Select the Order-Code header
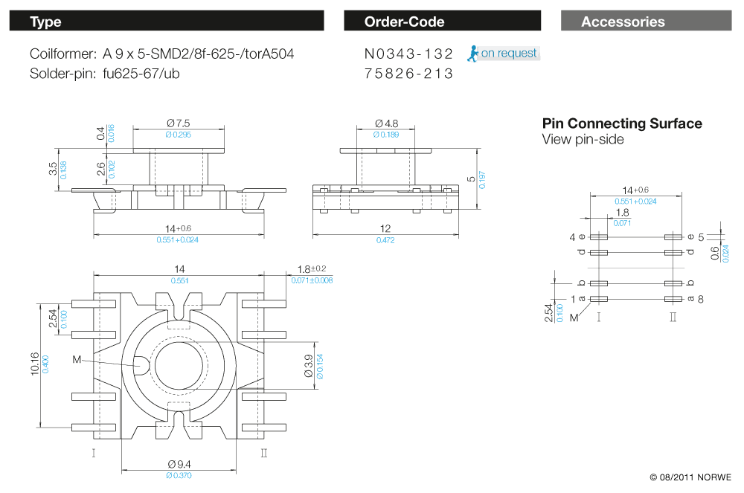click(x=442, y=22)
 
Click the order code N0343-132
click(x=408, y=54)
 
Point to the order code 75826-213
click(x=408, y=74)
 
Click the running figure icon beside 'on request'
click(x=472, y=53)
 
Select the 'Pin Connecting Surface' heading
click(x=622, y=123)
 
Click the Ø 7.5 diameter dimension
click(x=179, y=123)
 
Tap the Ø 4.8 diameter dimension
click(x=386, y=123)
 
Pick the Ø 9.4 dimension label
click(x=179, y=465)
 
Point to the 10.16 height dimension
click(x=34, y=364)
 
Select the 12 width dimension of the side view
click(x=386, y=228)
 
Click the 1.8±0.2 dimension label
click(x=312, y=269)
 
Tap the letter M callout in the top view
click(x=77, y=360)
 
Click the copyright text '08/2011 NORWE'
click(x=690, y=477)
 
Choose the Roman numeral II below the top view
click(x=264, y=452)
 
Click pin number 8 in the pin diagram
click(x=702, y=298)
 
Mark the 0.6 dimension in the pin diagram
click(x=715, y=254)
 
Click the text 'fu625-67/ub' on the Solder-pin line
click(x=141, y=74)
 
